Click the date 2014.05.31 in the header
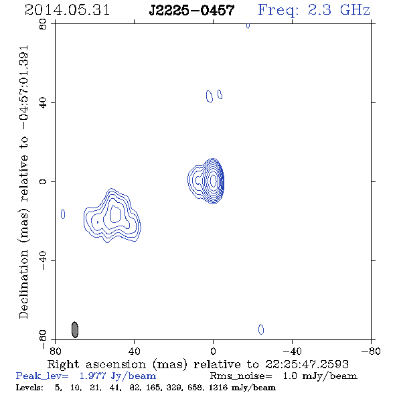67,10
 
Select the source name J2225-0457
191,10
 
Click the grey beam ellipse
75,329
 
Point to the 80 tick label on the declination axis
43,24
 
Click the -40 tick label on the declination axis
43,260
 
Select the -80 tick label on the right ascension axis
370,351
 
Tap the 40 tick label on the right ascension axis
134,351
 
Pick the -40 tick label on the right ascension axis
292,351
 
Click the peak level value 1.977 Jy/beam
118,376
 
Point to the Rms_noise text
241,376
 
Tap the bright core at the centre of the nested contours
213,180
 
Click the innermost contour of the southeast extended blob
116,214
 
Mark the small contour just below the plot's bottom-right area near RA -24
261,329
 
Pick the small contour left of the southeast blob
63,214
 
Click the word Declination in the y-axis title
23,285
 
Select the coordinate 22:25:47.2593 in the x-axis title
307,364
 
